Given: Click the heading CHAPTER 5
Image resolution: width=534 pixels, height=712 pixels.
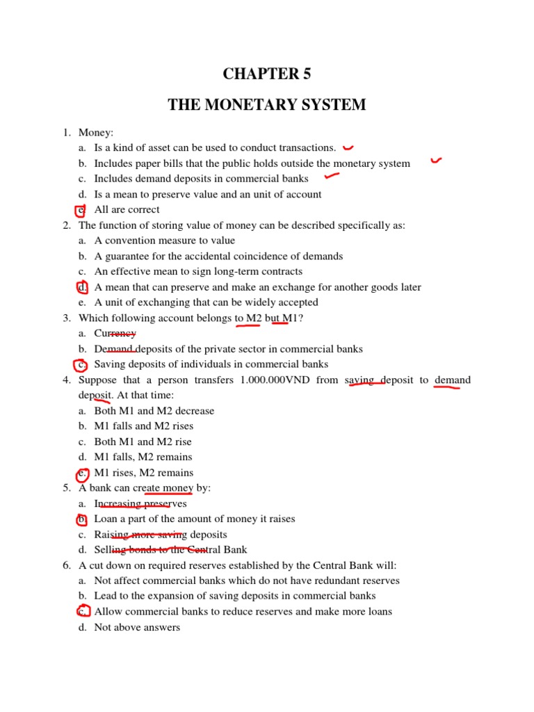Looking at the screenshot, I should pyautogui.click(x=266, y=74).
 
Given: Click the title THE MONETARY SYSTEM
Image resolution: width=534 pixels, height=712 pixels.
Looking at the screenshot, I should pyautogui.click(x=266, y=105).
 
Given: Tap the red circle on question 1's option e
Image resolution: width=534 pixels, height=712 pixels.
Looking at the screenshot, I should pyautogui.click(x=81, y=210).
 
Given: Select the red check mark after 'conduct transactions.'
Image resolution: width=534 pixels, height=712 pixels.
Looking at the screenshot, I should pyautogui.click(x=348, y=147).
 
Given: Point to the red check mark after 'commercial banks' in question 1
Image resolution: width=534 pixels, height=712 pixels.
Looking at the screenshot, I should pyautogui.click(x=331, y=177).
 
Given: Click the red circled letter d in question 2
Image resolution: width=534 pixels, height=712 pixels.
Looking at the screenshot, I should pyautogui.click(x=82, y=287).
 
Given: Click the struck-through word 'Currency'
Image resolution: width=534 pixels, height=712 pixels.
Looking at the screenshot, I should pyautogui.click(x=115, y=334).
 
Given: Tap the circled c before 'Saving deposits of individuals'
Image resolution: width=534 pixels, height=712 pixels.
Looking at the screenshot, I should pyautogui.click(x=81, y=364).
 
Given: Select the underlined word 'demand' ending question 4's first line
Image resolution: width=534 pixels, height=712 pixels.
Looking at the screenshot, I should pyautogui.click(x=452, y=380).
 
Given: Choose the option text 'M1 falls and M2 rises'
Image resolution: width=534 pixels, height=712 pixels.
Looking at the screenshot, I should pyautogui.click(x=144, y=426).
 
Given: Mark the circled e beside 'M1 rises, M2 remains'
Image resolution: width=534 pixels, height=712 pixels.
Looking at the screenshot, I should pyautogui.click(x=82, y=474).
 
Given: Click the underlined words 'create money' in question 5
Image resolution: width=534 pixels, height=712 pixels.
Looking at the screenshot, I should pyautogui.click(x=168, y=488).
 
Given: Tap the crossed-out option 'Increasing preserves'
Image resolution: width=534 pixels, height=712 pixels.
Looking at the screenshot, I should pyautogui.click(x=140, y=504).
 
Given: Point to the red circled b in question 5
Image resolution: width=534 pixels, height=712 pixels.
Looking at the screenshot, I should pyautogui.click(x=81, y=519).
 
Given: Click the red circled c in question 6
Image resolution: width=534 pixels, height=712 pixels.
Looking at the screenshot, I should pyautogui.click(x=82, y=612).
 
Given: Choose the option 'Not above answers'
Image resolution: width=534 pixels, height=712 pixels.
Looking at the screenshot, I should pyautogui.click(x=137, y=627).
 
